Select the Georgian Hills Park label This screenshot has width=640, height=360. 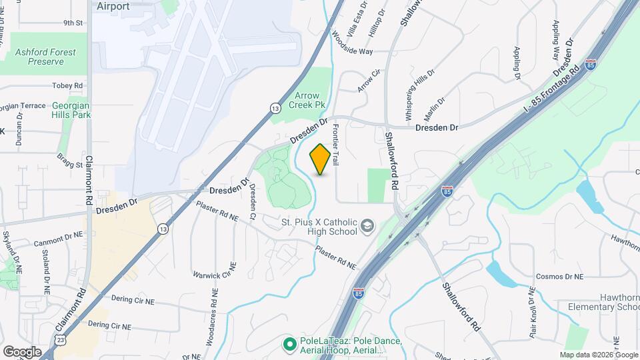[71, 110]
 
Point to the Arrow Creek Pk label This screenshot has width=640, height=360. [311, 101]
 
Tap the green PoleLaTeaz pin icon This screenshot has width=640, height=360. [289, 345]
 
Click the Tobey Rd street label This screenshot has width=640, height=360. [67, 86]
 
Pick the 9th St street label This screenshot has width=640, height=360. [73, 23]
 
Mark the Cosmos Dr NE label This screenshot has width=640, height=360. [559, 276]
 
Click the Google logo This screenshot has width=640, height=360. [22, 351]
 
